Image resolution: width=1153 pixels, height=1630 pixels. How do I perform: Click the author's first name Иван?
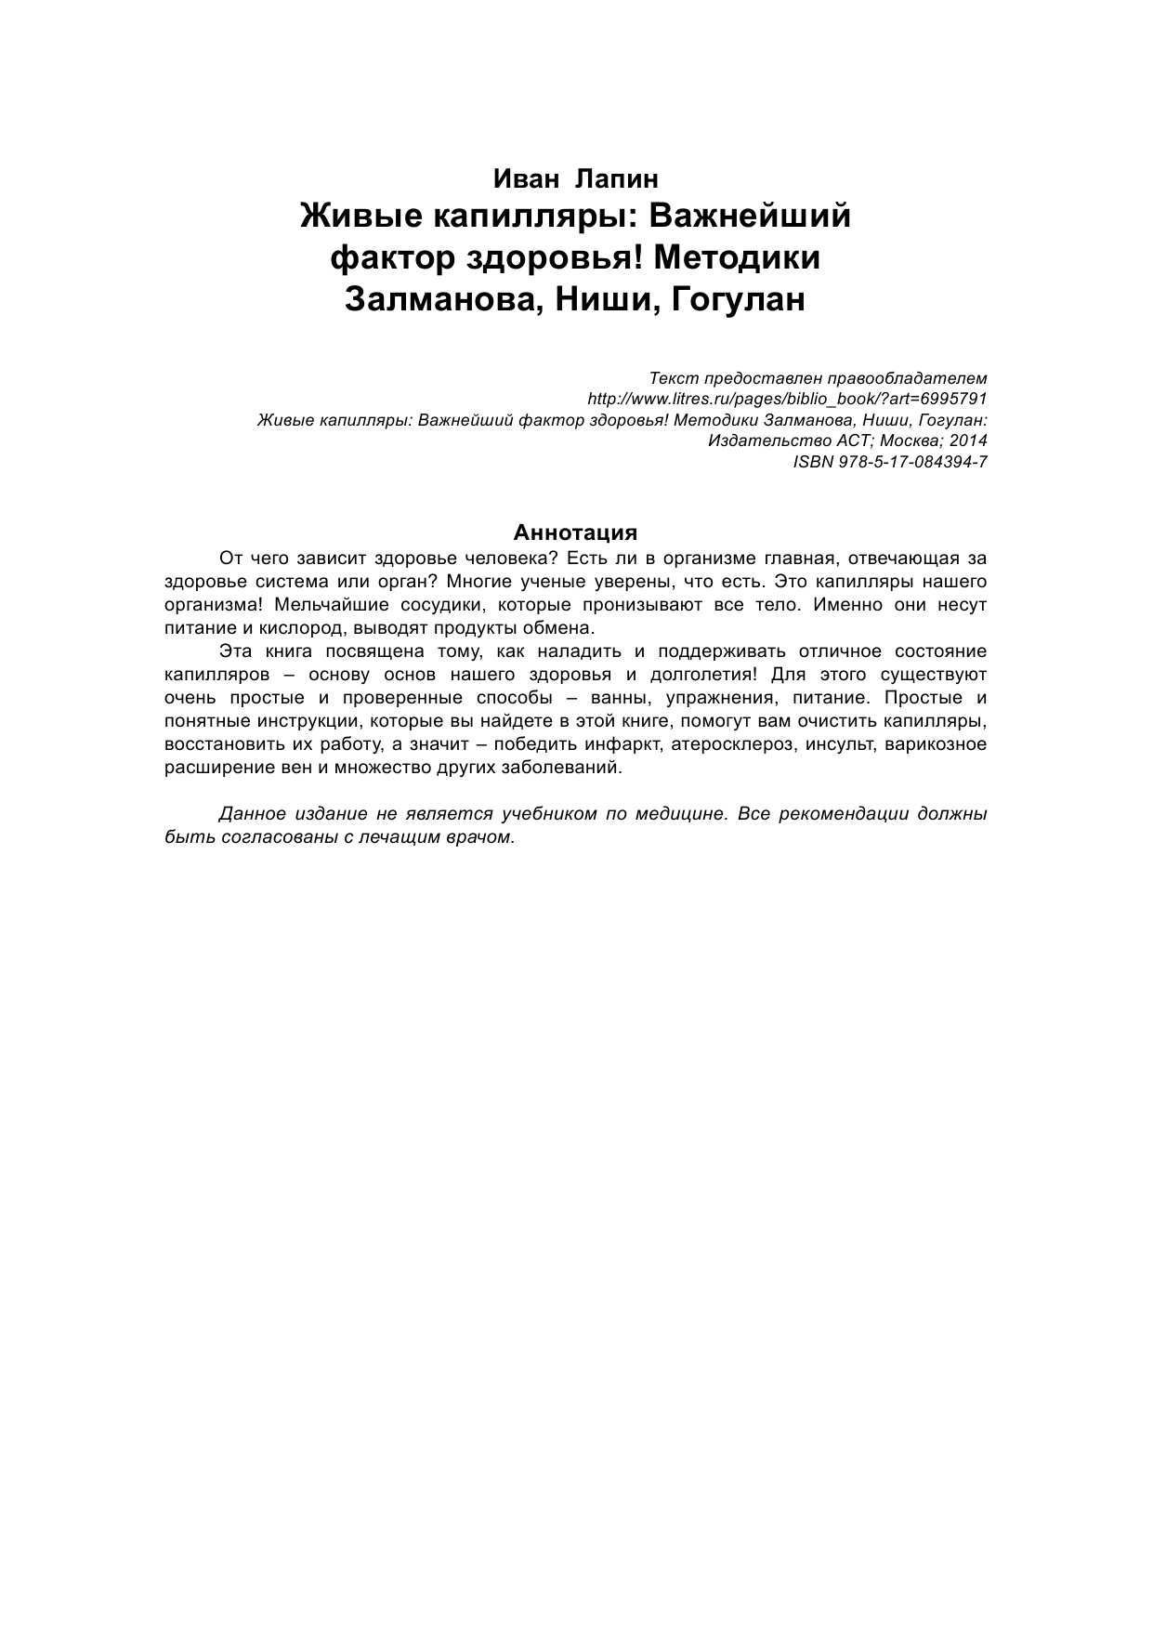point(525,177)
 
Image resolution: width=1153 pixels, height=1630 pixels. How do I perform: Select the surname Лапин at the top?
point(618,177)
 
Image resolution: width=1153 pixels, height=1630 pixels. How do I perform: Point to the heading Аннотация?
point(576,532)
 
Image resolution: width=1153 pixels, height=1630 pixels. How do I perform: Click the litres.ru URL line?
point(787,399)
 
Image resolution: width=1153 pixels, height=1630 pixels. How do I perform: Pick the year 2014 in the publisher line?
point(968,440)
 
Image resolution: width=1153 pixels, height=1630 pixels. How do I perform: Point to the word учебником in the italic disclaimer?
point(549,814)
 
